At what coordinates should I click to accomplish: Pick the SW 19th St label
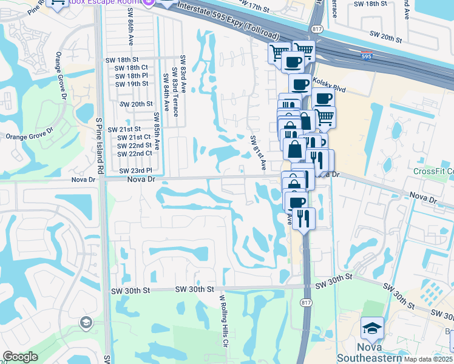coord(132,84)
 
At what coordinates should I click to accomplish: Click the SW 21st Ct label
coord(134,137)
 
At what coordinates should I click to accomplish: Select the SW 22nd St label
coord(134,145)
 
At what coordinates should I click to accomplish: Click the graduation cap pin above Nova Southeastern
coord(371,328)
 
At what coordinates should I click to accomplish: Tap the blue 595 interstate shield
coord(367,55)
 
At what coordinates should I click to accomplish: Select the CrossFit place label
coord(433,172)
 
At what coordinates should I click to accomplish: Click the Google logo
coord(20,357)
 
